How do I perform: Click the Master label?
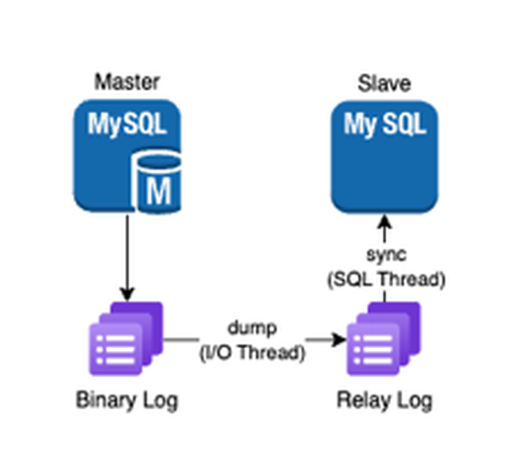[x=127, y=82]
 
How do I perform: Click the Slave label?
[x=384, y=83]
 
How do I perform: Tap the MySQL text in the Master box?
[x=127, y=125]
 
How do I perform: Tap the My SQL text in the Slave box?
[x=384, y=125]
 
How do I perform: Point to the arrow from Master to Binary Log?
[x=127, y=256]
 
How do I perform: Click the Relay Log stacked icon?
[x=383, y=338]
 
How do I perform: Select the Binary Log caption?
[x=127, y=400]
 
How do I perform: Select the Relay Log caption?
[x=384, y=400]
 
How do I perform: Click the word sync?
[x=385, y=255]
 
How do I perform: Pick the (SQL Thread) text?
[x=385, y=280]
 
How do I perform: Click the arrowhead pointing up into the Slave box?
[x=384, y=221]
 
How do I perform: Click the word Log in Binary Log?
[x=161, y=400]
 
